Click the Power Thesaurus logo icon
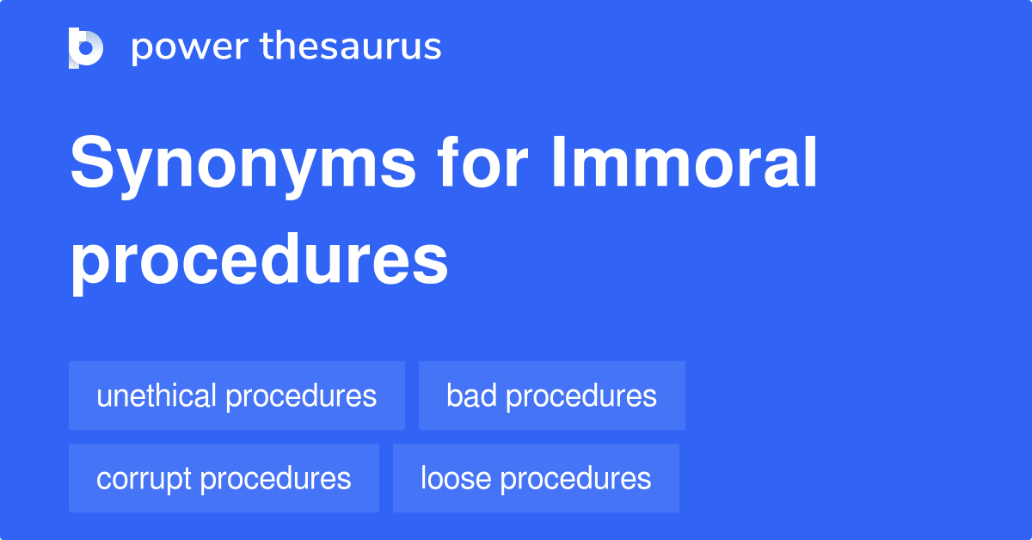pos(86,47)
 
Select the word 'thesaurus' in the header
pos(351,47)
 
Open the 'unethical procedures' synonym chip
pos(236,396)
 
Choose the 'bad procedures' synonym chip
pos(551,396)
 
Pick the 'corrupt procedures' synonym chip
pos(224,478)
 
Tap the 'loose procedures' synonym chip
pos(536,478)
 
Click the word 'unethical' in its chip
pos(157,396)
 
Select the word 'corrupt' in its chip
pos(144,478)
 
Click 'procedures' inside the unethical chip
pos(301,396)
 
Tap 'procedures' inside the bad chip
pos(581,396)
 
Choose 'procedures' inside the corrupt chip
pos(275,479)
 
